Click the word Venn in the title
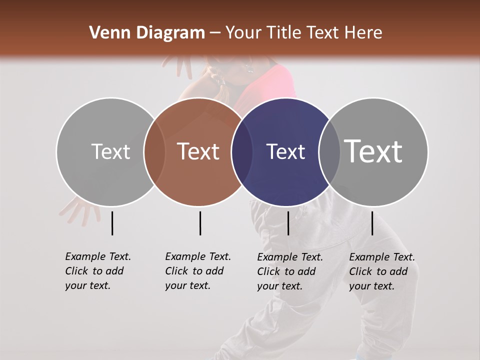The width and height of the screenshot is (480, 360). pyautogui.click(x=106, y=33)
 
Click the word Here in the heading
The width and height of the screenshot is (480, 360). pyautogui.click(x=364, y=33)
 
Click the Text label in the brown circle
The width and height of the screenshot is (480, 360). pyautogui.click(x=198, y=151)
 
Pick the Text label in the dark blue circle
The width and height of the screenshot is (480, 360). pyautogui.click(x=285, y=151)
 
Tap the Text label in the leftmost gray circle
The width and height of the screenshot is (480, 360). pyautogui.click(x=110, y=151)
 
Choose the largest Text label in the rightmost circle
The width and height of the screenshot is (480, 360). pyautogui.click(x=373, y=151)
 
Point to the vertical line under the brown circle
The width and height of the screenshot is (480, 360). pyautogui.click(x=200, y=223)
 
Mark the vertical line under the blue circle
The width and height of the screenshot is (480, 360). pyautogui.click(x=288, y=223)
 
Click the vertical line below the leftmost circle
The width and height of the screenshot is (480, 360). pyautogui.click(x=112, y=223)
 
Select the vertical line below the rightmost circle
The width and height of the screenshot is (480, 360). pyautogui.click(x=372, y=223)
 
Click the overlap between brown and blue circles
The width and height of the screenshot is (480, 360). pyautogui.click(x=242, y=151)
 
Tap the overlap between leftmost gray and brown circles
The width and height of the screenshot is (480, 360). pyautogui.click(x=154, y=151)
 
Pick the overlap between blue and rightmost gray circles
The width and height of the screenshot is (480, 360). pyautogui.click(x=329, y=151)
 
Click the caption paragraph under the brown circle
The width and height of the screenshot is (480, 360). pyautogui.click(x=197, y=271)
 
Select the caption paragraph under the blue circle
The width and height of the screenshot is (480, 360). pyautogui.click(x=289, y=271)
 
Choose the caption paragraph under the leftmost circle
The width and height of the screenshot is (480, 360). pyautogui.click(x=97, y=271)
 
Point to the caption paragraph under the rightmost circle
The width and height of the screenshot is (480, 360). pyautogui.click(x=381, y=271)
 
